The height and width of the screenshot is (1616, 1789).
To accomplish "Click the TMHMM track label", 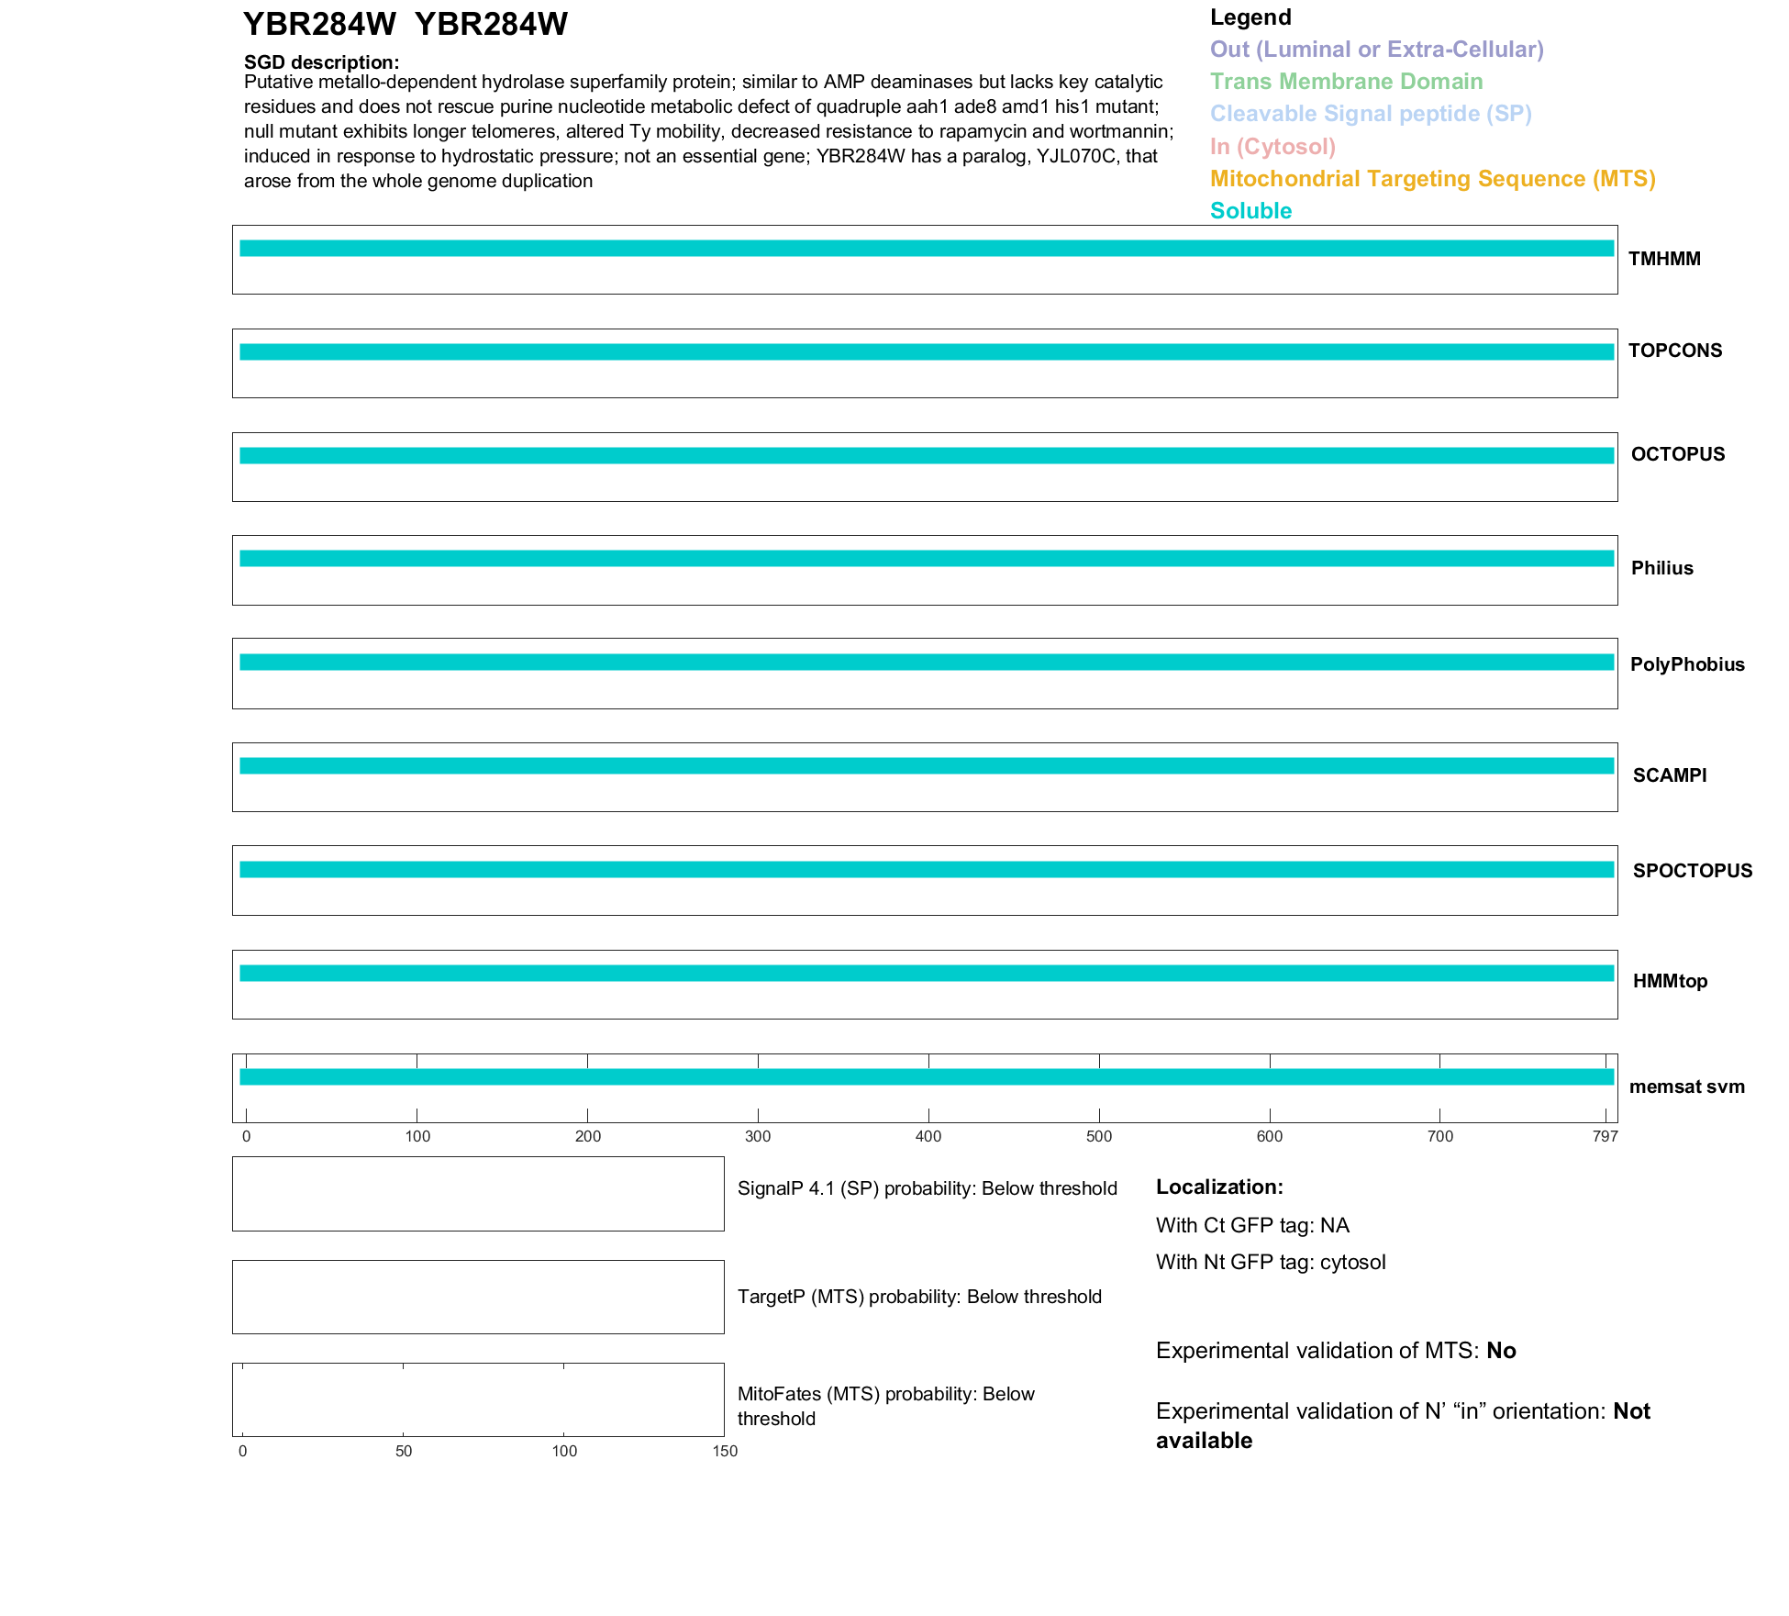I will (1663, 259).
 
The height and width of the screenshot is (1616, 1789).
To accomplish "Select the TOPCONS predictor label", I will (1674, 351).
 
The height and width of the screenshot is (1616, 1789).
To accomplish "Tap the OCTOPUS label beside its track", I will (1677, 454).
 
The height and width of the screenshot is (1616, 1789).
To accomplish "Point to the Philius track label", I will (1661, 568).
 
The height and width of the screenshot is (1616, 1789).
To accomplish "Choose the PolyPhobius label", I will (1686, 664).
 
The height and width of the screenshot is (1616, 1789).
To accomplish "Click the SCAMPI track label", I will (1669, 775).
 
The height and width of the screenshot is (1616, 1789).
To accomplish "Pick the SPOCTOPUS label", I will (1692, 871).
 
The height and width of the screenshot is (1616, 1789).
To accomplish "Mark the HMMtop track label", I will (1670, 981).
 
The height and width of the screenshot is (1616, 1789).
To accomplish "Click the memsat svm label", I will (1686, 1087).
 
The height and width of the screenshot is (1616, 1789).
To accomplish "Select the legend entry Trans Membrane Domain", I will (1346, 82).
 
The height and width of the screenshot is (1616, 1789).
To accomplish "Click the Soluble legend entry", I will (1250, 211).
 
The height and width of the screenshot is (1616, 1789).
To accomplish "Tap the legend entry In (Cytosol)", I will (1272, 147).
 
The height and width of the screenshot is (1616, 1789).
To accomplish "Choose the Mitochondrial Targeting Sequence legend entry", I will (1432, 179).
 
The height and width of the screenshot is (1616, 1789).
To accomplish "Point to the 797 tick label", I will (1606, 1137).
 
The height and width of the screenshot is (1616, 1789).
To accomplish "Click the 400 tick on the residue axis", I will (928, 1137).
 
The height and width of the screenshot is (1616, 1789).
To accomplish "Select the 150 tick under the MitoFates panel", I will (725, 1452).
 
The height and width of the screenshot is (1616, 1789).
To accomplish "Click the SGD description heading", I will (321, 62).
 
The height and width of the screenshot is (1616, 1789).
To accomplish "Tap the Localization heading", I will (1219, 1187).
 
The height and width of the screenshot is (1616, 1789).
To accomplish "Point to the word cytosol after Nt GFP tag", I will (1352, 1263).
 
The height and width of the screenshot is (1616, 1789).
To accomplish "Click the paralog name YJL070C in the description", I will (1075, 156).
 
